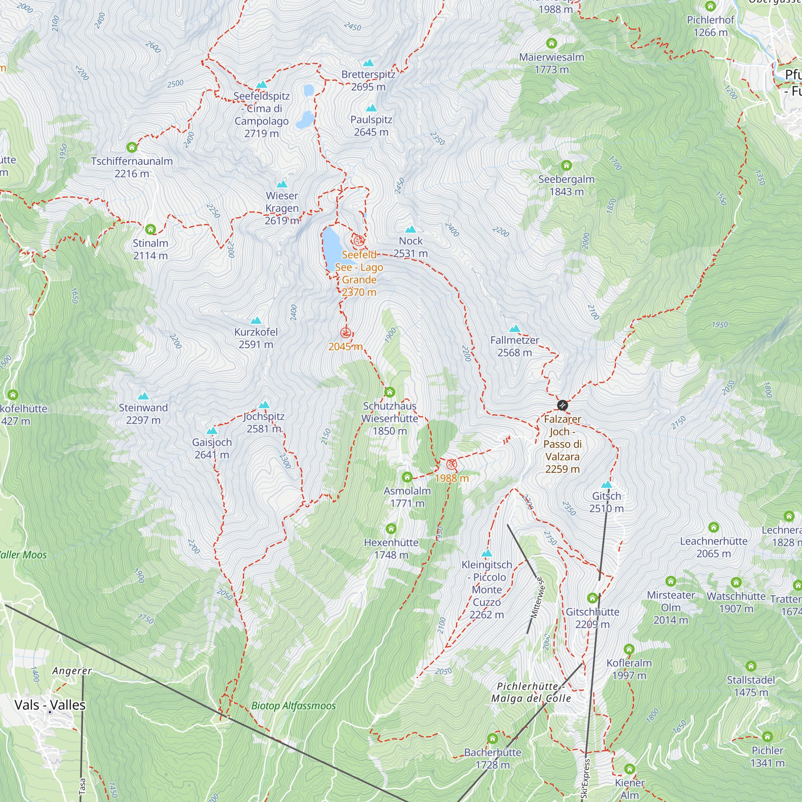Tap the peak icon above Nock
(x=411, y=229)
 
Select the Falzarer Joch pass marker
(x=562, y=405)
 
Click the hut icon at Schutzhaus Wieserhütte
(x=389, y=392)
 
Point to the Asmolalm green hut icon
(x=407, y=477)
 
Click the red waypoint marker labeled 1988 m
(x=451, y=464)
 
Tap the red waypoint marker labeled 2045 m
(x=345, y=332)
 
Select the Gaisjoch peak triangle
(x=212, y=431)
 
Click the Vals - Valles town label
(x=50, y=705)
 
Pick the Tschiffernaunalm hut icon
(x=132, y=147)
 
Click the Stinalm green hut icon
(x=150, y=229)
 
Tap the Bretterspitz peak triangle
(x=368, y=63)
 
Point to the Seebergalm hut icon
(x=566, y=166)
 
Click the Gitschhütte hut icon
(x=592, y=598)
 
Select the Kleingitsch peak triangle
(x=486, y=553)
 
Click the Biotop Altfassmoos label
(x=294, y=706)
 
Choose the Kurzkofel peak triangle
(x=256, y=320)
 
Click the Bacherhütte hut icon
(x=492, y=738)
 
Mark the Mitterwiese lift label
(x=536, y=598)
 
